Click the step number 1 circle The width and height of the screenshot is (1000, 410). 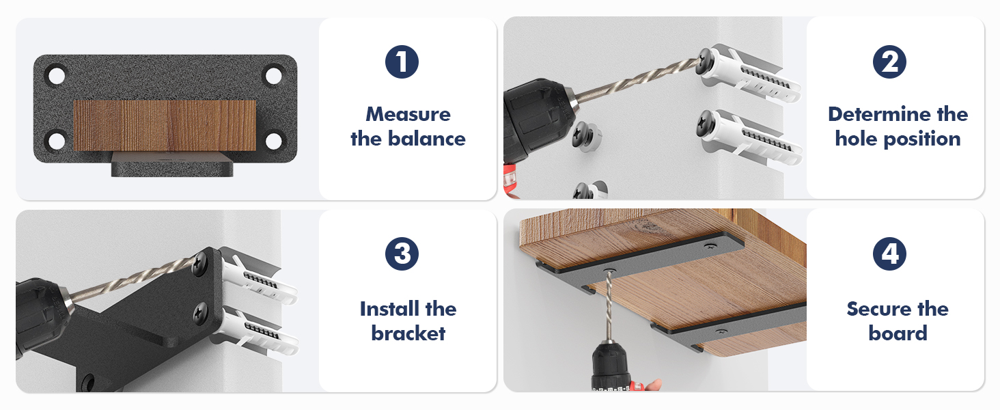pyautogui.click(x=402, y=61)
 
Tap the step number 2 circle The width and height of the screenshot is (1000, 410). pyautogui.click(x=889, y=61)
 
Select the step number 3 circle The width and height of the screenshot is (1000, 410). pyautogui.click(x=402, y=254)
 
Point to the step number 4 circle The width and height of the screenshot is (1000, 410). pyautogui.click(x=889, y=254)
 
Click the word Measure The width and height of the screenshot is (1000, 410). pyautogui.click(x=408, y=114)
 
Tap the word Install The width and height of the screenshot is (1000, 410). pyautogui.click(x=389, y=309)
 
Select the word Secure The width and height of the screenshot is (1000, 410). pyautogui.click(x=878, y=309)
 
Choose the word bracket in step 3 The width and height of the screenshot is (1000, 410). pyautogui.click(x=408, y=333)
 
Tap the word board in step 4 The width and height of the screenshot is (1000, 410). pyautogui.click(x=898, y=333)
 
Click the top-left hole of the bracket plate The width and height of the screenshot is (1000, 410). pyautogui.click(x=57, y=76)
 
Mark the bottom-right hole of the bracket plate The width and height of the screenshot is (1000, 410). pyautogui.click(x=273, y=141)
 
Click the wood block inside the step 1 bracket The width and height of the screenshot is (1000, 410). pyautogui.click(x=165, y=126)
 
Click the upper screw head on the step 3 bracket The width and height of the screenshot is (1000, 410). pyautogui.click(x=199, y=262)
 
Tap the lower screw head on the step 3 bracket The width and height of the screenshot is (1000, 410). pyautogui.click(x=200, y=313)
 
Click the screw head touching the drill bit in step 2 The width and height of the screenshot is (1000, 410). pyautogui.click(x=704, y=63)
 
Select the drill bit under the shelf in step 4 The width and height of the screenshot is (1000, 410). pyautogui.click(x=609, y=307)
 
